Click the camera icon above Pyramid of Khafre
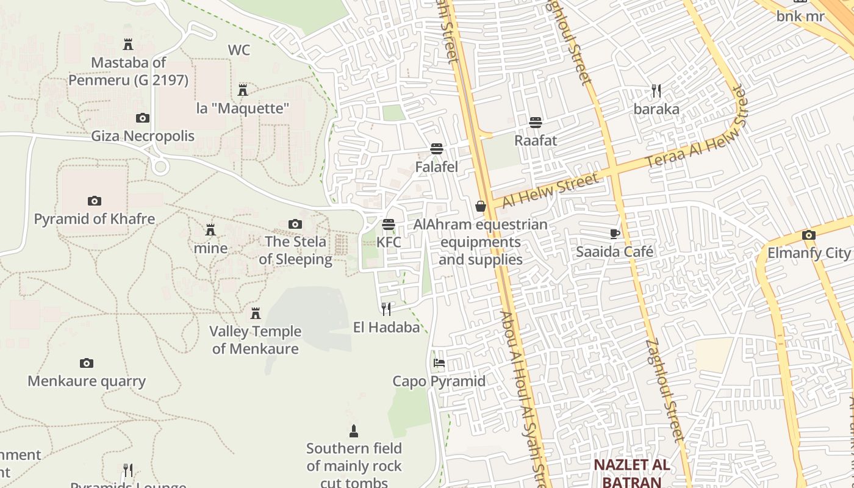tap(94, 201)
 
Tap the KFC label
tap(389, 242)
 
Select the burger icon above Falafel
tap(436, 148)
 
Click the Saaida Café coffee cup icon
tap(615, 234)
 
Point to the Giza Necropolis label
tap(143, 136)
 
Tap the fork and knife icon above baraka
tap(656, 91)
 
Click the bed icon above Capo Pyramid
tap(439, 363)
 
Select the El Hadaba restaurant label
tap(387, 328)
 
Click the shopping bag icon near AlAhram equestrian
tap(481, 206)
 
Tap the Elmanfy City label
tap(809, 253)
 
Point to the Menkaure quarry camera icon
tap(87, 363)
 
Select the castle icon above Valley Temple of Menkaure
tap(256, 314)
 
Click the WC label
tap(239, 50)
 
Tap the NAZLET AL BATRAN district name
tap(632, 473)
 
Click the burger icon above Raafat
tap(536, 123)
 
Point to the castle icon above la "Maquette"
tap(243, 90)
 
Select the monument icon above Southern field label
tap(353, 432)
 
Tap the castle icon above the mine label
tap(210, 230)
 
